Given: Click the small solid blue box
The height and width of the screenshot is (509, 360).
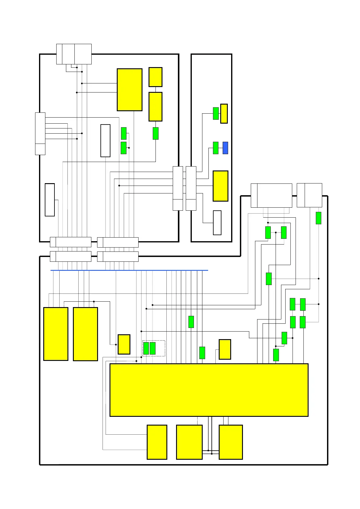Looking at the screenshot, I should (225, 148).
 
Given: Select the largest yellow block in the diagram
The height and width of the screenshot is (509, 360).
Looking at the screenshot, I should (209, 390).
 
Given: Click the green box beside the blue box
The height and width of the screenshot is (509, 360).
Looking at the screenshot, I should (216, 148).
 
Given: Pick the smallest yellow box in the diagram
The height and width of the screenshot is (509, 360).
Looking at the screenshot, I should (224, 114).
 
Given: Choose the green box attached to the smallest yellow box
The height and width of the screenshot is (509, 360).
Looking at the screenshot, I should (216, 113).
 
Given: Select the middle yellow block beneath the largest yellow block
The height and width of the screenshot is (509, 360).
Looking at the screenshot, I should (189, 442).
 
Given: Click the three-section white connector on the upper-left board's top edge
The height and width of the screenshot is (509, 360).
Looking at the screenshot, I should (74, 54).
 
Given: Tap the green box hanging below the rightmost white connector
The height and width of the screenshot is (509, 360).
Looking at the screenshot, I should (318, 218).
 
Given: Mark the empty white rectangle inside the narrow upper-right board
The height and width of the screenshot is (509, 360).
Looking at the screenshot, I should (217, 223).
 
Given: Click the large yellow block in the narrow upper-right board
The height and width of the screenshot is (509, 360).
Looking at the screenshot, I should (220, 186).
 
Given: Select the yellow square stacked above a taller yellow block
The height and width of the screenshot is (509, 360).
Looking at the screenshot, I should (155, 77).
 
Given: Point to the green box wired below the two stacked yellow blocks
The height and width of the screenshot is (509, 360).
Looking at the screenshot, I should (155, 133).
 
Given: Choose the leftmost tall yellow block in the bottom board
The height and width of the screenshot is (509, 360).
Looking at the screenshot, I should (56, 334).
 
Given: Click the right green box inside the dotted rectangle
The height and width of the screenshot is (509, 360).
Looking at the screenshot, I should (152, 348).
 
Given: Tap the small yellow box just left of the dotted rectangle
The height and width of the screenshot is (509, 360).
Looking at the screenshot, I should (124, 344).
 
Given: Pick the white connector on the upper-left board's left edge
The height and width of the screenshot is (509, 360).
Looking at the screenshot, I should (40, 134).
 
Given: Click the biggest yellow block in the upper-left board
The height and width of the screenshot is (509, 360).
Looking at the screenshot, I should (129, 90).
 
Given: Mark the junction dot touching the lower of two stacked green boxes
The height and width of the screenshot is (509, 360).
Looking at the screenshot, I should (129, 148).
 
